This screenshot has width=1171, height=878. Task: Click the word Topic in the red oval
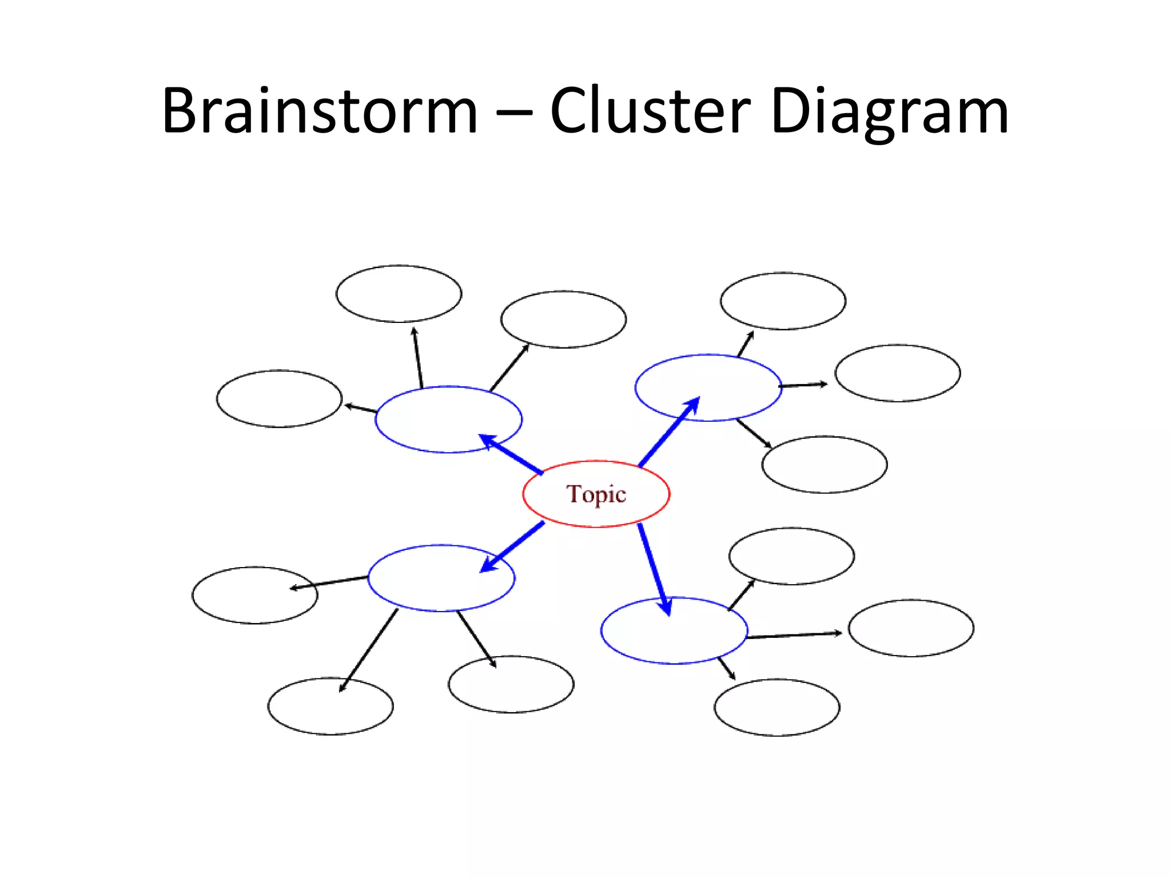pos(596,494)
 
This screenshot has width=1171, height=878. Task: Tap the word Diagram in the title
pos(889,111)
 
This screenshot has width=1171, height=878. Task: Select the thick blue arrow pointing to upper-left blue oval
pos(511,454)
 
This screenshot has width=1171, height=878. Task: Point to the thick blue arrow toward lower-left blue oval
pos(512,546)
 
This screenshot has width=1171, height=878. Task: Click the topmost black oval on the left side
pos(399,294)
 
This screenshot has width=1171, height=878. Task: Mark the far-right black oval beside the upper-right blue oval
pos(897,373)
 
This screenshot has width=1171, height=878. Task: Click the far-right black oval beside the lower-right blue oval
pos(910,628)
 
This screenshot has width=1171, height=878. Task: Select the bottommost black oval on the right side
pos(776,707)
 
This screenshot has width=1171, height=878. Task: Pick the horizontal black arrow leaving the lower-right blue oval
pos(794,635)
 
